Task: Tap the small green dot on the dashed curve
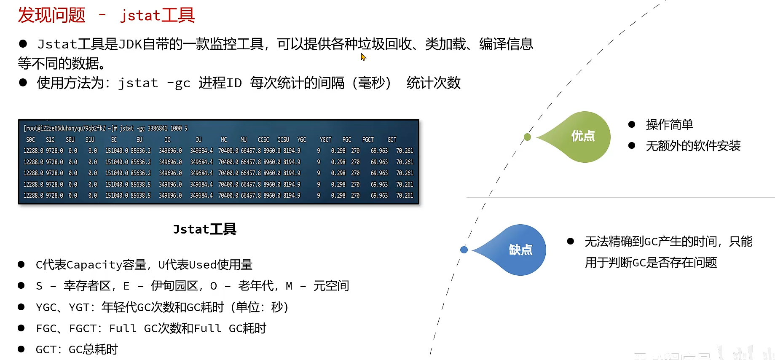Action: tap(527, 137)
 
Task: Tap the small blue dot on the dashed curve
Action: tap(464, 250)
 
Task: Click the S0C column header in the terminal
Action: tap(30, 140)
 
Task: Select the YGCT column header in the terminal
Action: tap(325, 140)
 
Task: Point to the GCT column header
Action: tap(392, 140)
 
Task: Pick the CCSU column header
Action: tap(283, 140)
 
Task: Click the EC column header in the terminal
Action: tap(114, 140)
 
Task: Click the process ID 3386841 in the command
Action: tap(157, 128)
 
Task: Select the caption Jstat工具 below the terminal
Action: tap(204, 229)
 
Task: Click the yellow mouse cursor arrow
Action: tap(363, 57)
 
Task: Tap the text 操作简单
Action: tap(669, 125)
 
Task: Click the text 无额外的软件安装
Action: tap(693, 146)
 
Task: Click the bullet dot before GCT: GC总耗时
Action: tap(21, 349)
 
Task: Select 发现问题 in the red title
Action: tap(51, 15)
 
